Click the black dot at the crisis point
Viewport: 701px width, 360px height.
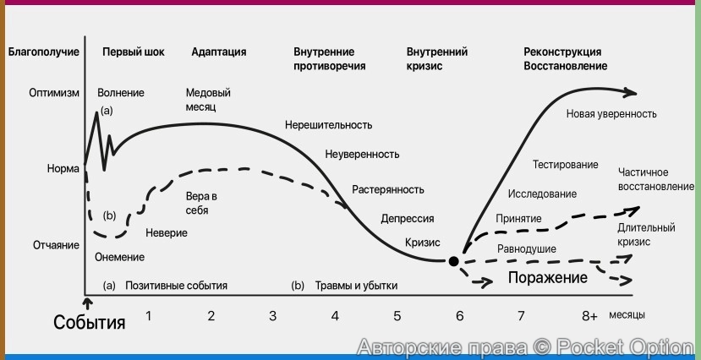[453, 262]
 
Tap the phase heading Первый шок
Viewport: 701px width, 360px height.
[134, 52]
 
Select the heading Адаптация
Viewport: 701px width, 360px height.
[219, 52]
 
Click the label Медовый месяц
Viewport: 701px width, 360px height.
[208, 100]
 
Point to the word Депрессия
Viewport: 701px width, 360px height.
[408, 218]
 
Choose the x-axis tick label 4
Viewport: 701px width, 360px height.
[335, 316]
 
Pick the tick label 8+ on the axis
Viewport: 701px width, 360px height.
[589, 316]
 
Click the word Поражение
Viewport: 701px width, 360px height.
[547, 278]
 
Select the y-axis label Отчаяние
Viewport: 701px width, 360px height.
[57, 245]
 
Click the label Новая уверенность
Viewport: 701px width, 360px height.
[611, 113]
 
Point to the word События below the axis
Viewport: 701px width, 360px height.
[90, 322]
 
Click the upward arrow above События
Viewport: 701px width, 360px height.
[86, 301]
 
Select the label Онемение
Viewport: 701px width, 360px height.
[119, 257]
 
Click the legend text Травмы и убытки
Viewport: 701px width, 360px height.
[356, 286]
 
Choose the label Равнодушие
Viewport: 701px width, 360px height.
[526, 249]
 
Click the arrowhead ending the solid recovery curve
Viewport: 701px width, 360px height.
[633, 91]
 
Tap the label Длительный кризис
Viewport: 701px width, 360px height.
[646, 234]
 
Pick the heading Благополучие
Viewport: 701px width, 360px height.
[44, 52]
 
